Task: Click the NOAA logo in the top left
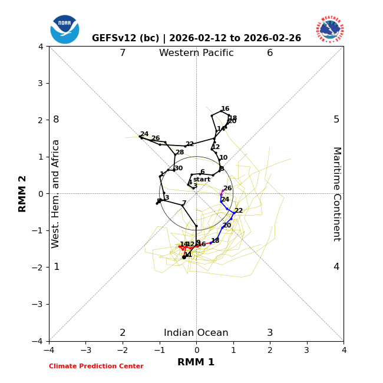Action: pyautogui.click(x=64, y=29)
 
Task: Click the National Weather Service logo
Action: pyautogui.click(x=329, y=29)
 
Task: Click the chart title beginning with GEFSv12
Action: pyautogui.click(x=196, y=38)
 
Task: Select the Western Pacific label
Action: pyautogui.click(x=196, y=53)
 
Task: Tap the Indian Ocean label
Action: pyautogui.click(x=196, y=333)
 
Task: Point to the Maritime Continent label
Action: pyautogui.click(x=336, y=194)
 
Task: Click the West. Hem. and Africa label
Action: pyautogui.click(x=56, y=194)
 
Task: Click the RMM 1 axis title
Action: pyautogui.click(x=196, y=362)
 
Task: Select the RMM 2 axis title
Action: pyautogui.click(x=23, y=193)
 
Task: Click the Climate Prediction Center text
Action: pyautogui.click(x=96, y=367)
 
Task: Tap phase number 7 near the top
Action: pyautogui.click(x=123, y=53)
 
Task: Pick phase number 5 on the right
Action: pyautogui.click(x=336, y=120)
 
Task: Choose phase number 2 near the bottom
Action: pyautogui.click(x=123, y=333)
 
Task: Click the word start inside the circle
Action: pyautogui.click(x=202, y=180)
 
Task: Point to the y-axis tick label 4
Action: pyautogui.click(x=41, y=46)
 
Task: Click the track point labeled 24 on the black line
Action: pyautogui.click(x=140, y=137)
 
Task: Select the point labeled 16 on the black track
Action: pyautogui.click(x=221, y=111)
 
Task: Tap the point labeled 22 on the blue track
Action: pyautogui.click(x=234, y=213)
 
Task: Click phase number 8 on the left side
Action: pyautogui.click(x=56, y=120)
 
